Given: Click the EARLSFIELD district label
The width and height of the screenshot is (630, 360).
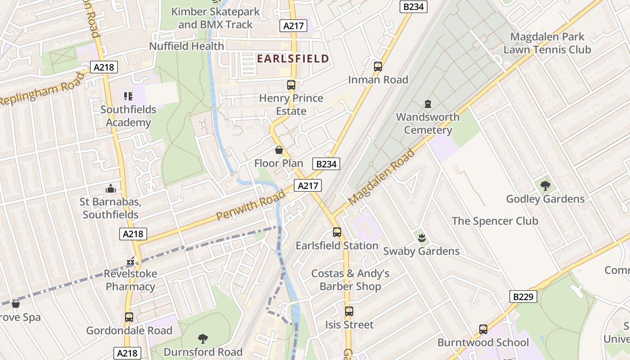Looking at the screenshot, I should [293, 58].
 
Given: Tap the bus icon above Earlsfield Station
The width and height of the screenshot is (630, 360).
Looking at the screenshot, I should [337, 232].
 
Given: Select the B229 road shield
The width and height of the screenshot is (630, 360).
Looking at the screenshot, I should [524, 297].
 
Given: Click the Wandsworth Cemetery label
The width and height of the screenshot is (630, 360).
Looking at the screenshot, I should [427, 123].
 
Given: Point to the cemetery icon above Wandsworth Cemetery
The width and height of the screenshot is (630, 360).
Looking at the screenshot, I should [428, 104].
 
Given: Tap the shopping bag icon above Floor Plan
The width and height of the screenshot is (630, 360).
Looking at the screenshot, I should [279, 150].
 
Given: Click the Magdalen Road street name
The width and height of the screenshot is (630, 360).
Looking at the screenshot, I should [382, 177].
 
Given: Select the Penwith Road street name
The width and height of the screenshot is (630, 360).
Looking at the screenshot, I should [251, 204].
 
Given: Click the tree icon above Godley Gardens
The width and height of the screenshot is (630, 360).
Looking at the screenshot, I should [545, 185].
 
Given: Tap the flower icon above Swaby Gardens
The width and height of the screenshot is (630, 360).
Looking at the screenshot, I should [422, 238].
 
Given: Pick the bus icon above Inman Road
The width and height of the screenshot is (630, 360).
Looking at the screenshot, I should [378, 67].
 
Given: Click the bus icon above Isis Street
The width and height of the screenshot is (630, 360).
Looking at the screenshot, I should [349, 311].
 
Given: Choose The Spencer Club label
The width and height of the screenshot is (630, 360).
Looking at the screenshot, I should [495, 221].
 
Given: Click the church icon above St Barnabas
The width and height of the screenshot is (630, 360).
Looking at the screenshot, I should [110, 189].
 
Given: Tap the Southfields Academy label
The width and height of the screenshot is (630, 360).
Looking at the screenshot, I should [128, 116].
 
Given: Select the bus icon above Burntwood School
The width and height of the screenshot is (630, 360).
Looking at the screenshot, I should [483, 329].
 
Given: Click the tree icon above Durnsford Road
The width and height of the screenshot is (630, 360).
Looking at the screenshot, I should [203, 338].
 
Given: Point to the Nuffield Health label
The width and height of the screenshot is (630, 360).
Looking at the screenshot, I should [186, 46].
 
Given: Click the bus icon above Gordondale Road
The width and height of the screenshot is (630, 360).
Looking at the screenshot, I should [129, 317].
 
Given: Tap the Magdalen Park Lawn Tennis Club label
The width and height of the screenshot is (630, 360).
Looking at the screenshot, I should [547, 43].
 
